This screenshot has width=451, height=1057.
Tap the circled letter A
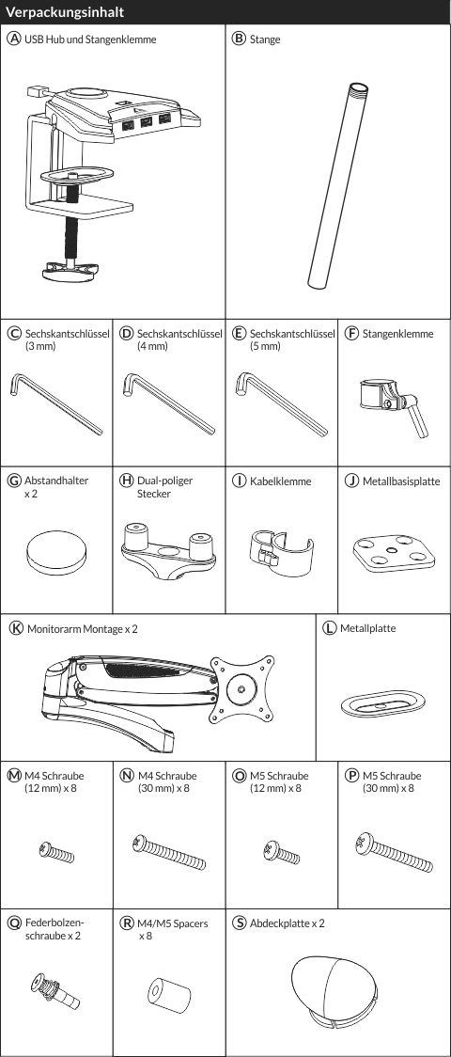[x=13, y=39]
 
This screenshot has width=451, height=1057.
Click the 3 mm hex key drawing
[x=55, y=403]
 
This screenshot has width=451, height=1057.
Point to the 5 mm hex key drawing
[x=281, y=404]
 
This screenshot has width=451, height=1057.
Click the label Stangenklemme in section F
[x=397, y=334]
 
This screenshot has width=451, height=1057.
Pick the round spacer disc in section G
[x=57, y=549]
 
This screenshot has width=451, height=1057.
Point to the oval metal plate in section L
[x=382, y=703]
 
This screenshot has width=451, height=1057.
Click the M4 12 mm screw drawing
[x=56, y=853]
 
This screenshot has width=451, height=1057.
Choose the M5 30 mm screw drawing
[x=394, y=852]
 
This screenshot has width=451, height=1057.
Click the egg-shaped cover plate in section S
[x=334, y=985]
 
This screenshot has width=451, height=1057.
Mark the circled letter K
[x=16, y=628]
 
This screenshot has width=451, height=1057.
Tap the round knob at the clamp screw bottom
[x=70, y=271]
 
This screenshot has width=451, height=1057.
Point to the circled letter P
[x=351, y=775]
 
